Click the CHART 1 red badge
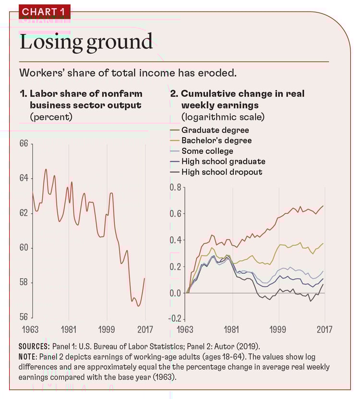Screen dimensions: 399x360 point(45,11)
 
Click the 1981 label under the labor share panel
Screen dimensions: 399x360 point(69,330)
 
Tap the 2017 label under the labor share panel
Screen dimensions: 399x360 point(144,330)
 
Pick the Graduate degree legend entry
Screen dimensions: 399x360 point(215,130)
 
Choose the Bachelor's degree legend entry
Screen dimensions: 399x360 point(216,141)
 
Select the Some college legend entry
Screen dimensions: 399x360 point(207,151)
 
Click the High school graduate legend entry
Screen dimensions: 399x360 point(223,162)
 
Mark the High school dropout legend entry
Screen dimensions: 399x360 point(221,172)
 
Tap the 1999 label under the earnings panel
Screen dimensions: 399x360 point(278,330)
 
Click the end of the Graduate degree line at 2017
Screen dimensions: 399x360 point(323,206)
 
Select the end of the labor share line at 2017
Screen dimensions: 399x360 point(144,278)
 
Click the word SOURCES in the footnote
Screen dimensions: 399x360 point(34,346)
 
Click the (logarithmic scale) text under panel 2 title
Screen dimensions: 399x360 point(223,117)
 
